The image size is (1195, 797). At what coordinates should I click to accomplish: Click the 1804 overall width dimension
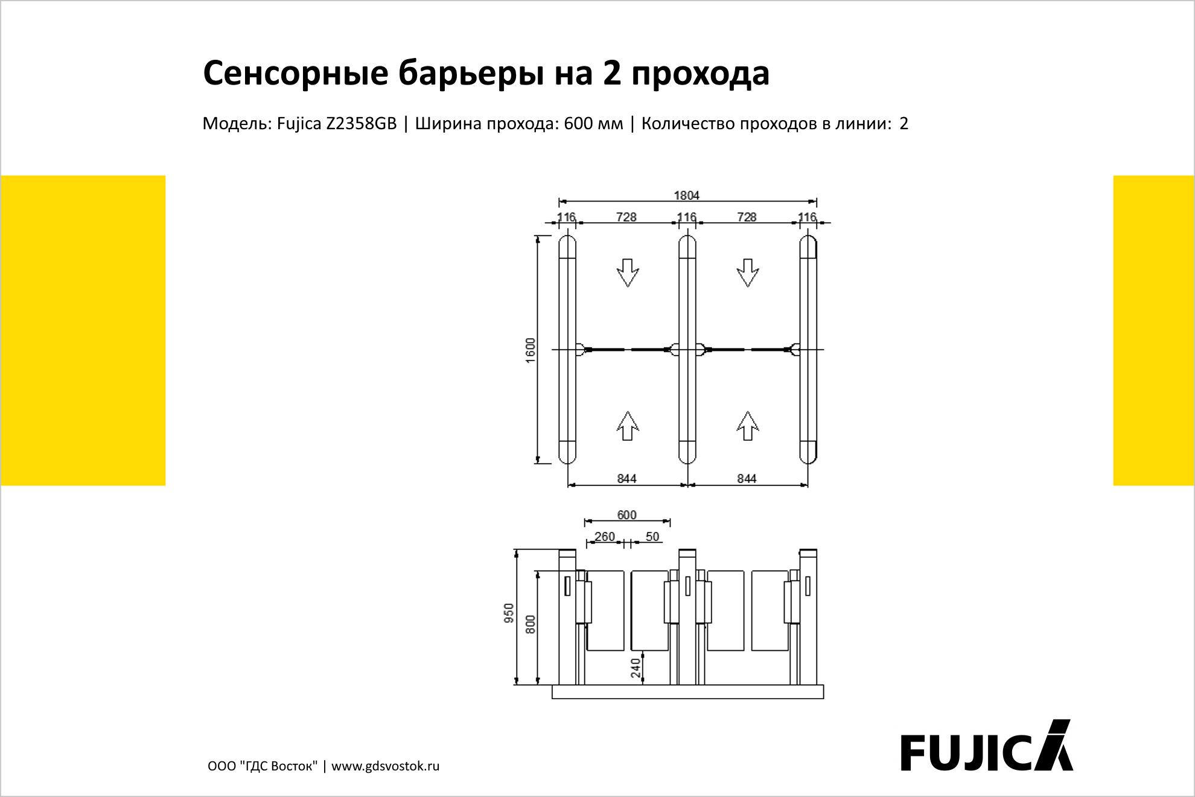pos(686,195)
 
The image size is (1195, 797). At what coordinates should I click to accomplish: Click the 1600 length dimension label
pos(531,350)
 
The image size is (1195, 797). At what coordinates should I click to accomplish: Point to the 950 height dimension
pos(509,613)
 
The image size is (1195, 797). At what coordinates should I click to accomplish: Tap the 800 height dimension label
pos(531,624)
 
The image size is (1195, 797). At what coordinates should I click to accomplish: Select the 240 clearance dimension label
pos(636,668)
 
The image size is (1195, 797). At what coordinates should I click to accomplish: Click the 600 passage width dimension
pos(626,514)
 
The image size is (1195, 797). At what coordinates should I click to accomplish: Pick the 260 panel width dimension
pos(604,536)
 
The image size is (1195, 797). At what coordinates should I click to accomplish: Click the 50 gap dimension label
pos(652,536)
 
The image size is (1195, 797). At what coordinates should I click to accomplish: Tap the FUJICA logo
pos(987,746)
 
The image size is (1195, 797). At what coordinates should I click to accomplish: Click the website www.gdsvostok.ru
pos(386,766)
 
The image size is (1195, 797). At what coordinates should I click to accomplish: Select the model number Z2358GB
pos(362,123)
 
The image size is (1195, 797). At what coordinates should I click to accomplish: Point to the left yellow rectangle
pos(83,330)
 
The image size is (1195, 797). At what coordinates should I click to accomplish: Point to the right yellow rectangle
pos(1153,330)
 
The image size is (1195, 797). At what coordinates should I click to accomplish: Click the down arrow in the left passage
pos(628,273)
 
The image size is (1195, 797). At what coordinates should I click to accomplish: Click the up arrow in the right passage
pos(748,426)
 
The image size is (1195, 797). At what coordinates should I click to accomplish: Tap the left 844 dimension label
pos(626,478)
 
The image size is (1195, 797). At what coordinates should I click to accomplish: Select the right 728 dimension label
pos(747,217)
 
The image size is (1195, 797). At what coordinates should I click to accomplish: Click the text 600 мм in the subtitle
pos(593,123)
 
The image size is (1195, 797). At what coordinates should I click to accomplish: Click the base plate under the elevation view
pos(688,692)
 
